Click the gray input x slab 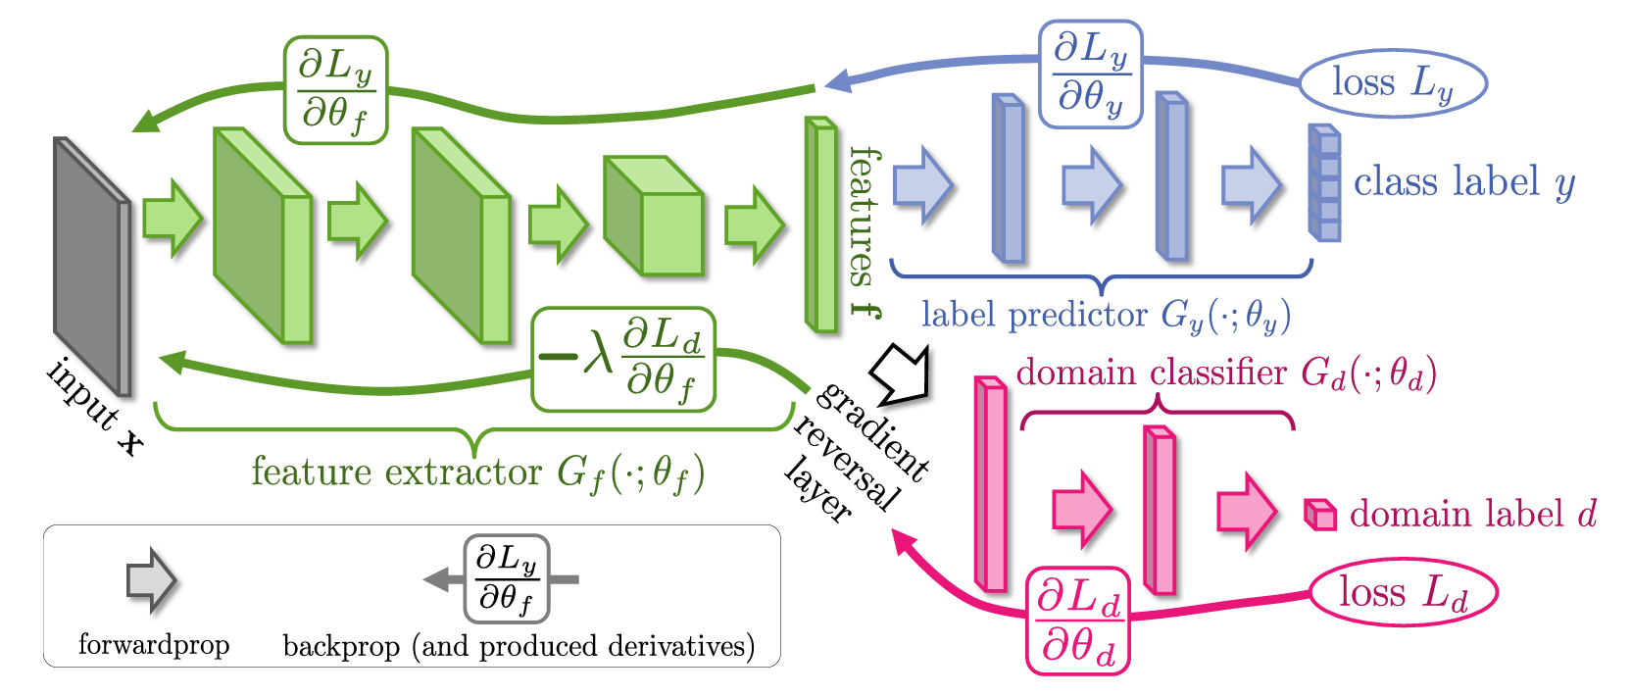91,265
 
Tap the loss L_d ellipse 1404,593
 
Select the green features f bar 821,225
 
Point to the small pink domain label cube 1320,515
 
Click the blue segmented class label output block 1324,183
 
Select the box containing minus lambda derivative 623,360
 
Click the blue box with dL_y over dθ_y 1090,75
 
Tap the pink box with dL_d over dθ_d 1077,621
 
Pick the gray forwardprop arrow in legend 151,581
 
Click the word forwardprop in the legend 154,645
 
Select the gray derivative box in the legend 506,579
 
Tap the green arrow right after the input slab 172,218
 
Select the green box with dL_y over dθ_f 335,90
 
